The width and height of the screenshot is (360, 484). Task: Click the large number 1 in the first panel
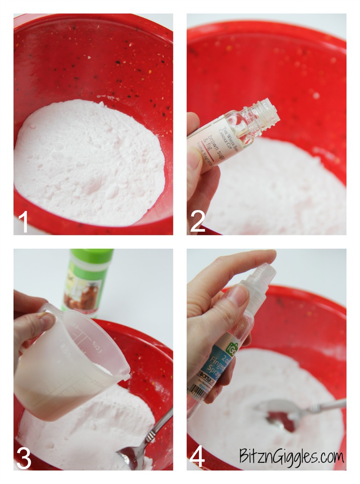point(24,222)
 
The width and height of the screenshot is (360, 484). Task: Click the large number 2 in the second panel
point(198,221)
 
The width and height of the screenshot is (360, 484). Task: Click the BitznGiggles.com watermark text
point(292,457)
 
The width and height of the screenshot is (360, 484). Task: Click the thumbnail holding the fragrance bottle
point(194,157)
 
